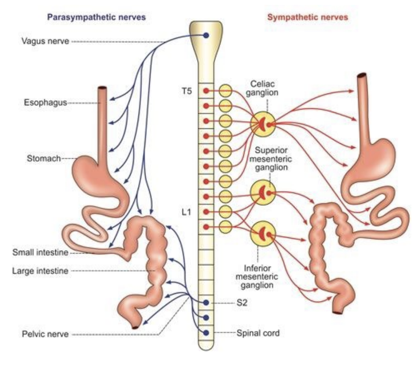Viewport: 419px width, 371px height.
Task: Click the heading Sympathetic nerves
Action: [307, 17]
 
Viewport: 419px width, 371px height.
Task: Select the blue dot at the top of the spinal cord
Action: [206, 36]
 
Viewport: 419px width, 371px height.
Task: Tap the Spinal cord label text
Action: [258, 333]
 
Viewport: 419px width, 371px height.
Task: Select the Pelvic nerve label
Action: [45, 334]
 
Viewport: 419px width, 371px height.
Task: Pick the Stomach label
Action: [44, 158]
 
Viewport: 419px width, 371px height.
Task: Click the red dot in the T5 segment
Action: [206, 91]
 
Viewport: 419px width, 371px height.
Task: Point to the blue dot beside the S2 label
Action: [206, 303]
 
